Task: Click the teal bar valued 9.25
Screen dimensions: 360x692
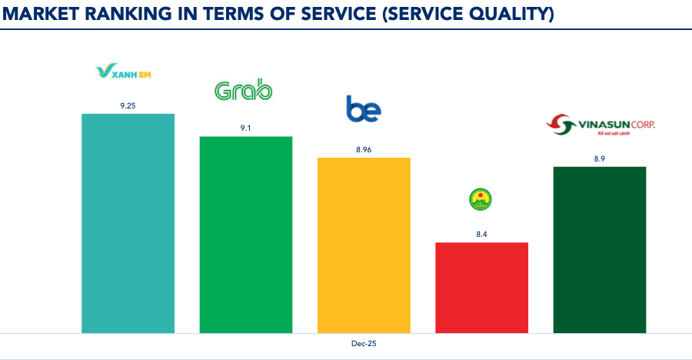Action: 128,223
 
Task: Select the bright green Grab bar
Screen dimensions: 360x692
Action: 245,235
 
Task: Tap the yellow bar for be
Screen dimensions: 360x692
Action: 364,245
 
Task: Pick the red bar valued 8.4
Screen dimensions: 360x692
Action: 481,288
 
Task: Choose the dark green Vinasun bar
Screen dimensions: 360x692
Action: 600,250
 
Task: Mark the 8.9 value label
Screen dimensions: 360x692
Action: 600,158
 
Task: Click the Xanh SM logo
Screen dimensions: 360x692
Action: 128,72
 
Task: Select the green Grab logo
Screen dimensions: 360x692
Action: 243,92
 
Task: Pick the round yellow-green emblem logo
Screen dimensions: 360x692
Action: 481,200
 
